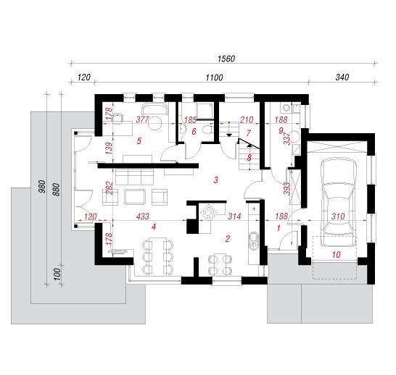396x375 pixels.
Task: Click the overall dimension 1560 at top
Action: (x=226, y=59)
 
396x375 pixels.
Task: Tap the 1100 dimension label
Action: (x=214, y=77)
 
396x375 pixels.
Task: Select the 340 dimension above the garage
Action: (x=342, y=77)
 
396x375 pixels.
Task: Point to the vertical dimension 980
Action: (x=42, y=187)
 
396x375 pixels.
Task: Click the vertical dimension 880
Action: (x=57, y=189)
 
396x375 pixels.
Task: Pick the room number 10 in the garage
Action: (x=336, y=255)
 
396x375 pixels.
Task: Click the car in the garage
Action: (x=339, y=202)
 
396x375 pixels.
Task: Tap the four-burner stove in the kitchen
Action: (x=209, y=212)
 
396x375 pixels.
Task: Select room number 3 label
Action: (x=215, y=180)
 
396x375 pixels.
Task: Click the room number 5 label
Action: (x=139, y=140)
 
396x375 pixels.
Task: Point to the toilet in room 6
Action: (x=207, y=130)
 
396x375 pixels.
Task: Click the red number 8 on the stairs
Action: (x=249, y=158)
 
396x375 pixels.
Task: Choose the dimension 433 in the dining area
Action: (x=143, y=216)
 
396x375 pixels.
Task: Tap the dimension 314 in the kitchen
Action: (x=234, y=216)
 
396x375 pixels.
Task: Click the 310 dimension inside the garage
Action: (x=338, y=216)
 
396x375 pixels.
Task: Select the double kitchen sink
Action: (x=253, y=240)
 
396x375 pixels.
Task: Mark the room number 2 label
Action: (x=228, y=239)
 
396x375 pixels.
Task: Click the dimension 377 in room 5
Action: (x=143, y=119)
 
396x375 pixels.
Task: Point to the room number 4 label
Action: (x=154, y=227)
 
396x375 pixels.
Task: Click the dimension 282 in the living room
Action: (x=110, y=187)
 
